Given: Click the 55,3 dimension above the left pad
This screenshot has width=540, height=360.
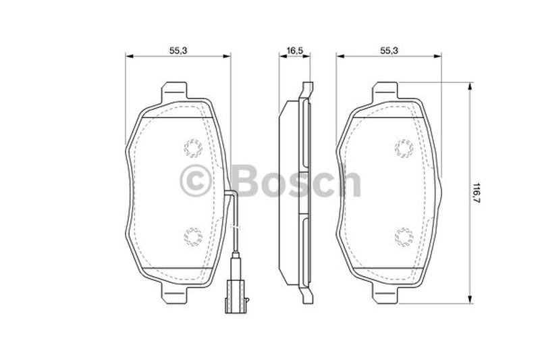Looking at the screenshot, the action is [178, 51].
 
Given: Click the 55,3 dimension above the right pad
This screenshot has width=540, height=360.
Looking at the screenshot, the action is [389, 51].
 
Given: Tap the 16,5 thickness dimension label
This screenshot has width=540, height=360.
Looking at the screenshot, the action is [294, 51].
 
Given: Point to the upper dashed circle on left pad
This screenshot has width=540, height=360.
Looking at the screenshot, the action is [193, 148].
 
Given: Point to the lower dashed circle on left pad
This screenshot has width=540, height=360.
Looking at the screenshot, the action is [193, 237].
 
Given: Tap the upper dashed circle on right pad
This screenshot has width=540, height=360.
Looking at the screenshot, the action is [404, 148].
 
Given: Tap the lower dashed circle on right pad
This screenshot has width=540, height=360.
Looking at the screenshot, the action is [404, 237].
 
